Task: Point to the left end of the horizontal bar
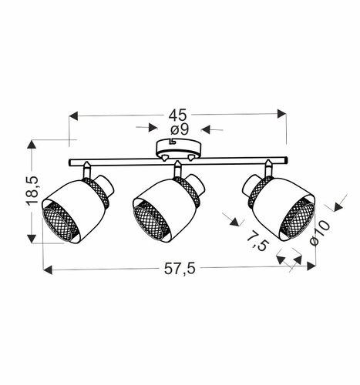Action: point(70,162)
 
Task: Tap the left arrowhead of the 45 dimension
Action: point(73,116)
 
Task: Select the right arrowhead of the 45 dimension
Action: point(283,116)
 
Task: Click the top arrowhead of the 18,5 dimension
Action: point(32,144)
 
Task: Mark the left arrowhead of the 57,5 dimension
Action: point(45,270)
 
